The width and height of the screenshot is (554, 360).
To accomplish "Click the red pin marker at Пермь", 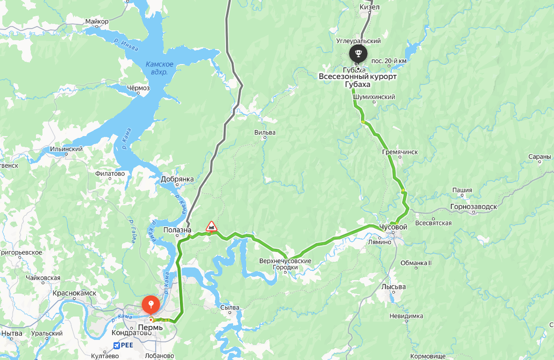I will click(x=151, y=305).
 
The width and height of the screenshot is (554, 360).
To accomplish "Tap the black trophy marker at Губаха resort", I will click(x=358, y=53).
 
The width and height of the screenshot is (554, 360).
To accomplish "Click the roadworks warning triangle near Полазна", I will click(x=212, y=227).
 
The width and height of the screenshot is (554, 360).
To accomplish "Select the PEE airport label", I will click(x=123, y=346).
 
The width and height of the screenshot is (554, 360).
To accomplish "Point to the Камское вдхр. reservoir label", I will click(x=159, y=68).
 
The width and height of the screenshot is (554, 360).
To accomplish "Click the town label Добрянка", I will click(x=177, y=179).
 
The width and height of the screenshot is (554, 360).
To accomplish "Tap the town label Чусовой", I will click(x=393, y=227).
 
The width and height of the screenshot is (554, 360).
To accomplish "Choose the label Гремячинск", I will click(x=399, y=152).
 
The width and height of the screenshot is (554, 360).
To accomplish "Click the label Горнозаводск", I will click(x=473, y=206).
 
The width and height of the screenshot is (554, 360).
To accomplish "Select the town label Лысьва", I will click(x=393, y=287).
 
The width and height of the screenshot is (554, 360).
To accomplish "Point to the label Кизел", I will click(x=369, y=7).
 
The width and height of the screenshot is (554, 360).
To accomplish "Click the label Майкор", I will click(x=97, y=22).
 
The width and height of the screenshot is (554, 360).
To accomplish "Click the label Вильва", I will click(x=265, y=132).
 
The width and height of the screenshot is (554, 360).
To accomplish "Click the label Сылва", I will click(x=230, y=308).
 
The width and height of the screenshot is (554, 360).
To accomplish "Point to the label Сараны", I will click(x=540, y=157).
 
